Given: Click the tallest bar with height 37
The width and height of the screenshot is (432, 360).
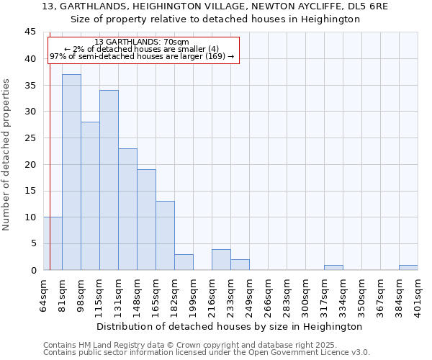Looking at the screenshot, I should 71,172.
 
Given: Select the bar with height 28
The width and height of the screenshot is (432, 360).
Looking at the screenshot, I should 90,196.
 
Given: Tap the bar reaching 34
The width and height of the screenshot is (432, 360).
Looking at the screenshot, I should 109,180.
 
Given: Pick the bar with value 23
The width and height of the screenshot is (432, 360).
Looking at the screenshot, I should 127,209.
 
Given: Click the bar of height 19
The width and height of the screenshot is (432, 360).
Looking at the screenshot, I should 146,220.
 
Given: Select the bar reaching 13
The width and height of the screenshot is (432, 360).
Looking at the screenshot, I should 165,235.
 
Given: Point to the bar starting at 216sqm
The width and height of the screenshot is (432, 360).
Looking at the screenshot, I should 221,260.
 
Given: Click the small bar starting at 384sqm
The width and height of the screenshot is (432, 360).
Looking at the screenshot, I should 408,268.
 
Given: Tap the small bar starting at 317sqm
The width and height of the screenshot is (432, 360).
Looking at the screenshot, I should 333,268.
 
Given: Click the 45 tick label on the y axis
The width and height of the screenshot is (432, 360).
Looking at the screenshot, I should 30,32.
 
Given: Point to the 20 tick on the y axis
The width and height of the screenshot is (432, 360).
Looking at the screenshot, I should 30,164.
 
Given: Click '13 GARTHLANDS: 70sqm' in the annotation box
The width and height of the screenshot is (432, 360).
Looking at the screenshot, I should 141,42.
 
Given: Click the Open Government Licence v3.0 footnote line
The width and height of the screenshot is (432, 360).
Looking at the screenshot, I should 207,352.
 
